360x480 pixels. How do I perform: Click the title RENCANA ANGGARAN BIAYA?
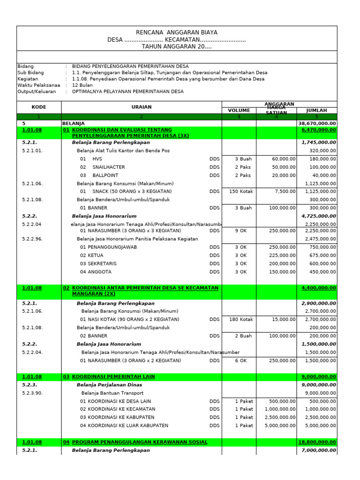point(176,32)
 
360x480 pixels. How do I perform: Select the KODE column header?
point(38,107)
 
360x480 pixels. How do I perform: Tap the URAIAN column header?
point(142,107)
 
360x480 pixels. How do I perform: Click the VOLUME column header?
point(239,111)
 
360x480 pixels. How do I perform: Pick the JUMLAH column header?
point(316,111)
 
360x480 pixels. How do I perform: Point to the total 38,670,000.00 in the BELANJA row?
point(317,123)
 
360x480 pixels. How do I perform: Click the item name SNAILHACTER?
point(109,167)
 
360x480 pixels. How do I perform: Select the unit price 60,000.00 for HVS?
point(284,159)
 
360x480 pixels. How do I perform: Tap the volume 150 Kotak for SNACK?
point(240,192)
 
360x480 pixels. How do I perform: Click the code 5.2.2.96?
point(32,239)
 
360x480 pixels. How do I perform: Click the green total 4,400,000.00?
point(319,288)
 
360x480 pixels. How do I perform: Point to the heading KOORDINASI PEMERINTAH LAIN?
point(113,377)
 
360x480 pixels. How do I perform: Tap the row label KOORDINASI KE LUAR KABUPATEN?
point(124,426)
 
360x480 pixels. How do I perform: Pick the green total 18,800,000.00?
point(317,442)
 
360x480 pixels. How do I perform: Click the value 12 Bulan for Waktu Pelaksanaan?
point(82,85)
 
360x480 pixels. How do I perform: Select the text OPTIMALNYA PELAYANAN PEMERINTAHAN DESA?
point(127,92)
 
